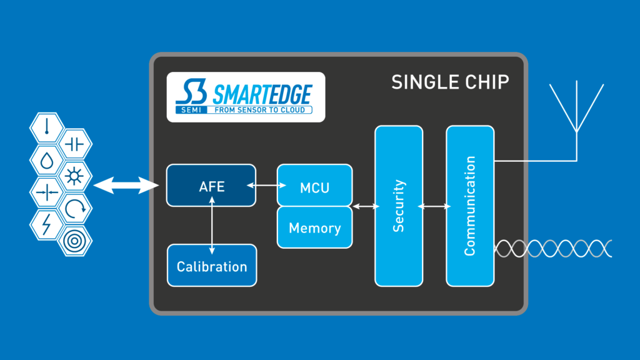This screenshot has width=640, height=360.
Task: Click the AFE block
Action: pyautogui.click(x=211, y=185)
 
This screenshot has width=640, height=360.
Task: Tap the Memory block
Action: pyautogui.click(x=314, y=227)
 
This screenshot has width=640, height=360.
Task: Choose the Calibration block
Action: pyautogui.click(x=212, y=266)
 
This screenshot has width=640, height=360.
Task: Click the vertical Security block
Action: pyautogui.click(x=398, y=206)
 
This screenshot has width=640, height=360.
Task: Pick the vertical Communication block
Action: pyautogui.click(x=470, y=206)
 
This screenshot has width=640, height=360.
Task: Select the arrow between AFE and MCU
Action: pyautogui.click(x=267, y=185)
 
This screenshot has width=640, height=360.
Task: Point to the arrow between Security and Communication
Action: pyautogui.click(x=434, y=206)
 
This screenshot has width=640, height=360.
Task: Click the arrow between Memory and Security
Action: pyautogui.click(x=364, y=206)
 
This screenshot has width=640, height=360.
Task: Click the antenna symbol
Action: pyautogui.click(x=576, y=112)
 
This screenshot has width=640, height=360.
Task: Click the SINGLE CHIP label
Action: pyautogui.click(x=450, y=82)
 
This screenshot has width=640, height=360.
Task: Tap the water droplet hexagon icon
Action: pyautogui.click(x=46, y=160)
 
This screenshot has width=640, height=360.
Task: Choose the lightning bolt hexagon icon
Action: pyautogui.click(x=46, y=223)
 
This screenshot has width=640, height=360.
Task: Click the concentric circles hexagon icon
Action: pyautogui.click(x=75, y=240)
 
